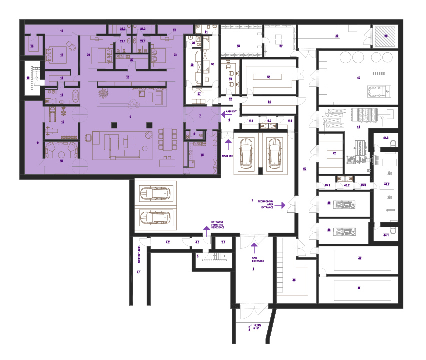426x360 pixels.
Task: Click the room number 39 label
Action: pos(386,36)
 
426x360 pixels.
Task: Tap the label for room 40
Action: pos(358,78)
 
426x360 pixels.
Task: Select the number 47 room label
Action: pos(359,258)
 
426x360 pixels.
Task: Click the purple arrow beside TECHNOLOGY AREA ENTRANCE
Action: pos(283,205)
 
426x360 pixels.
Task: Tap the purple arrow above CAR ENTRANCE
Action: pos(254,246)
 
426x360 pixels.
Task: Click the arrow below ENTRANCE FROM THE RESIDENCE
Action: pos(206,232)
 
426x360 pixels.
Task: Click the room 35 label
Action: pos(269,77)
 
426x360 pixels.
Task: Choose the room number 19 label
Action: pos(31,46)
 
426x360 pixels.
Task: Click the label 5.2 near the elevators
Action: pos(269,121)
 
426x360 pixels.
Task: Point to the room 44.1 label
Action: pos(386,235)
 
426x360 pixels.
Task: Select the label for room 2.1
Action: pos(224,242)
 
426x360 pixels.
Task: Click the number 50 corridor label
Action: pos(304,169)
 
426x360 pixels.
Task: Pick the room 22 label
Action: pos(132,59)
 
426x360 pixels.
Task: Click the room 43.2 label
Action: pos(346,185)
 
